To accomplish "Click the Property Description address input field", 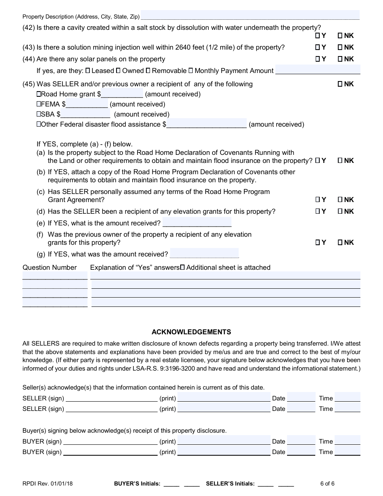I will tap(250, 16).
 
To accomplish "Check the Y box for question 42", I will tap(318, 36).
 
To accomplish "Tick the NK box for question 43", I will tap(340, 48).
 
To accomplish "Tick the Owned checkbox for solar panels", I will tap(118, 71).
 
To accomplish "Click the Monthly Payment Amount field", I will tap(318, 70).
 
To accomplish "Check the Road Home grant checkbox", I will tap(39, 94).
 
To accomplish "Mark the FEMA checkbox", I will tap(39, 104).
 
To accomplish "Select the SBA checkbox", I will tap(39, 115).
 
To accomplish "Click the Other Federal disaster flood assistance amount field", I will tap(206, 124).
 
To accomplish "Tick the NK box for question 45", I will tap(340, 84).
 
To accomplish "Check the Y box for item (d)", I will tap(318, 212).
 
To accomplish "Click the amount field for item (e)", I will tap(197, 223).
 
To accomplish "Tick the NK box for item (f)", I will tap(340, 243).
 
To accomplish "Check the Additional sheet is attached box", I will tap(182, 267).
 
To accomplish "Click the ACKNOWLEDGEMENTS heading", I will tap(191, 332).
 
